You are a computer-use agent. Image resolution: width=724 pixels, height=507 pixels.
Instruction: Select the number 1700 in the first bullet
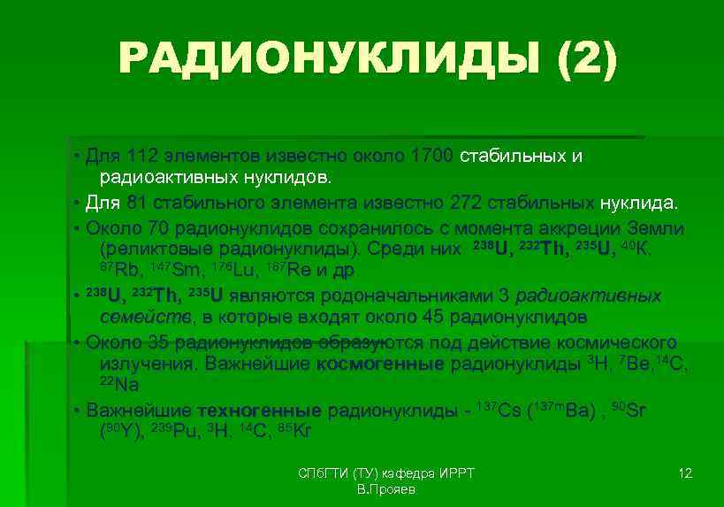click(431, 157)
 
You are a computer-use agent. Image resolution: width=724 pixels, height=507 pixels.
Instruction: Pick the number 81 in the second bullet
click(136, 203)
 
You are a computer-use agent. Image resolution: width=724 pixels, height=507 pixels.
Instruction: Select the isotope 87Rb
click(118, 271)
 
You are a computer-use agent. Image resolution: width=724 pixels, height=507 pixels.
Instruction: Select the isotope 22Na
click(118, 385)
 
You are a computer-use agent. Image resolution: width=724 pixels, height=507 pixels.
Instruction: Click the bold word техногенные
click(259, 411)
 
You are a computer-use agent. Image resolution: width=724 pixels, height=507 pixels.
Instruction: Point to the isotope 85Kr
click(294, 432)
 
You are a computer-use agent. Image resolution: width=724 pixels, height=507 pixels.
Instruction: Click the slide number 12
click(684, 473)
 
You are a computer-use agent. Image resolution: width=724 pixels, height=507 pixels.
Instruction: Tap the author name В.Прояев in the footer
click(386, 489)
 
